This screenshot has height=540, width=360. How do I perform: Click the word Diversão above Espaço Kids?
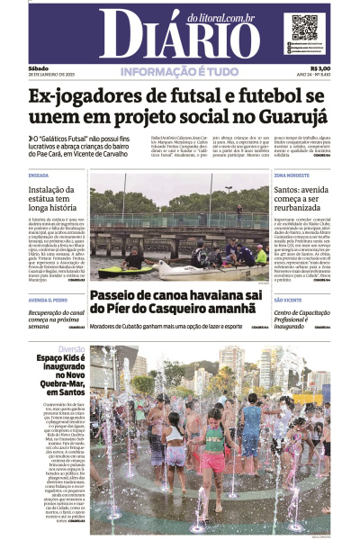tap(72, 349)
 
